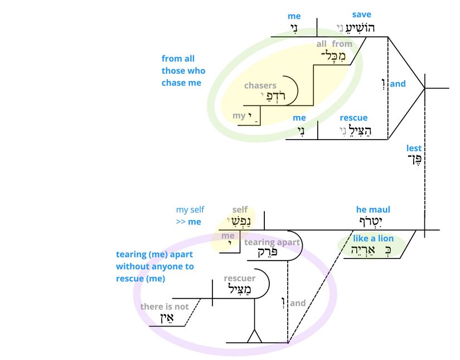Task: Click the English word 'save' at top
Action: pyautogui.click(x=361, y=15)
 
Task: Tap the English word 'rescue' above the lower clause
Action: pyautogui.click(x=354, y=118)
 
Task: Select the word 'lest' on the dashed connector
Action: pyautogui.click(x=414, y=148)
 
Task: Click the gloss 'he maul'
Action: pyautogui.click(x=373, y=209)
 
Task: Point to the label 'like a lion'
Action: pyautogui.click(x=373, y=238)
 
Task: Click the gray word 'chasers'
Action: pyautogui.click(x=260, y=85)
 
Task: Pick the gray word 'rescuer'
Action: pyautogui.click(x=239, y=278)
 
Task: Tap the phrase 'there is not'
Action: pyautogui.click(x=164, y=306)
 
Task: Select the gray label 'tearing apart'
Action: pyautogui.click(x=272, y=242)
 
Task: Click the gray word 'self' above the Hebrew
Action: pyautogui.click(x=240, y=209)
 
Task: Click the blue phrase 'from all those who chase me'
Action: pyautogui.click(x=183, y=71)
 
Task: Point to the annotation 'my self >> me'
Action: pyautogui.click(x=190, y=215)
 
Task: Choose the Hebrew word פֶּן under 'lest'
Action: pyautogui.click(x=414, y=160)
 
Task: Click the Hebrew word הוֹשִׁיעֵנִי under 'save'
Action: pyautogui.click(x=356, y=27)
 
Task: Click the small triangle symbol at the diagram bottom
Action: pyautogui.click(x=255, y=337)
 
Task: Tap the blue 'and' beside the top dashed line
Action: pyautogui.click(x=398, y=84)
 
